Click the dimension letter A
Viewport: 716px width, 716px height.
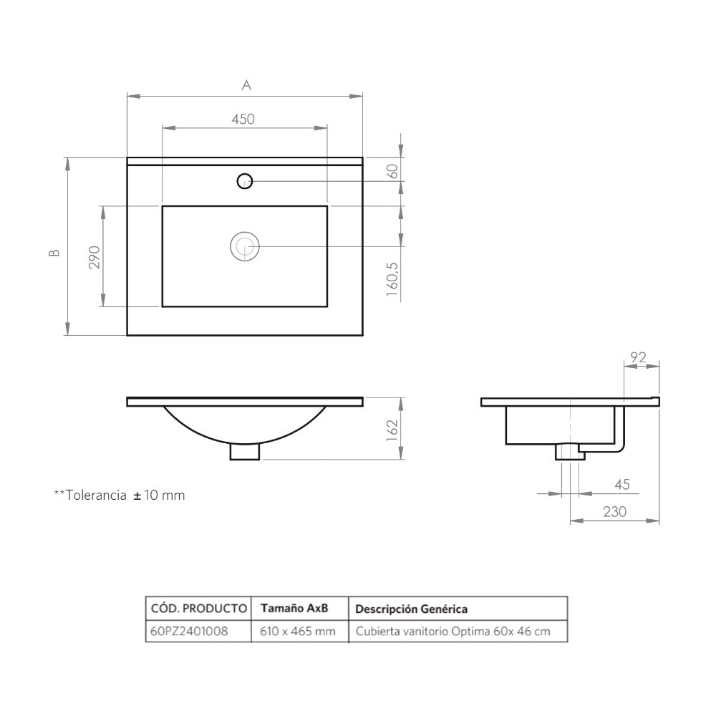(x=246, y=85)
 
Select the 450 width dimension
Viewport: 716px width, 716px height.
(x=243, y=120)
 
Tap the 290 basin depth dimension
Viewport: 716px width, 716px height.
(x=94, y=257)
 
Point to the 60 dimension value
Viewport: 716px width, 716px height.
(x=392, y=171)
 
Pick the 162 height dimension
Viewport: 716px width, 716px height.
(x=392, y=431)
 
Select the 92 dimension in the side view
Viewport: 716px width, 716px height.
(x=639, y=357)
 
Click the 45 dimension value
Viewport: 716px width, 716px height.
(x=621, y=485)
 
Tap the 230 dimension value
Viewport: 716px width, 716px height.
(x=614, y=512)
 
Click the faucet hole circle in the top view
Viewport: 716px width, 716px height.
(x=245, y=181)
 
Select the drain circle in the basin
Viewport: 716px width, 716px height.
(x=245, y=246)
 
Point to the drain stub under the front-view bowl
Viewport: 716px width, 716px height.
(x=245, y=452)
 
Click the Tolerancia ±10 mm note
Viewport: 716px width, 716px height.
(x=120, y=495)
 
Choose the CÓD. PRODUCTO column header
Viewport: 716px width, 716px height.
(x=198, y=609)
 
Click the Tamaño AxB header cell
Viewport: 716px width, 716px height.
(x=294, y=609)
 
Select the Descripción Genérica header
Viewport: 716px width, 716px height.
(x=412, y=609)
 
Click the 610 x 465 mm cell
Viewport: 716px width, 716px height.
(x=298, y=632)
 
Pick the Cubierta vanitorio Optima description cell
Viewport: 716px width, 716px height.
(x=453, y=632)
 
